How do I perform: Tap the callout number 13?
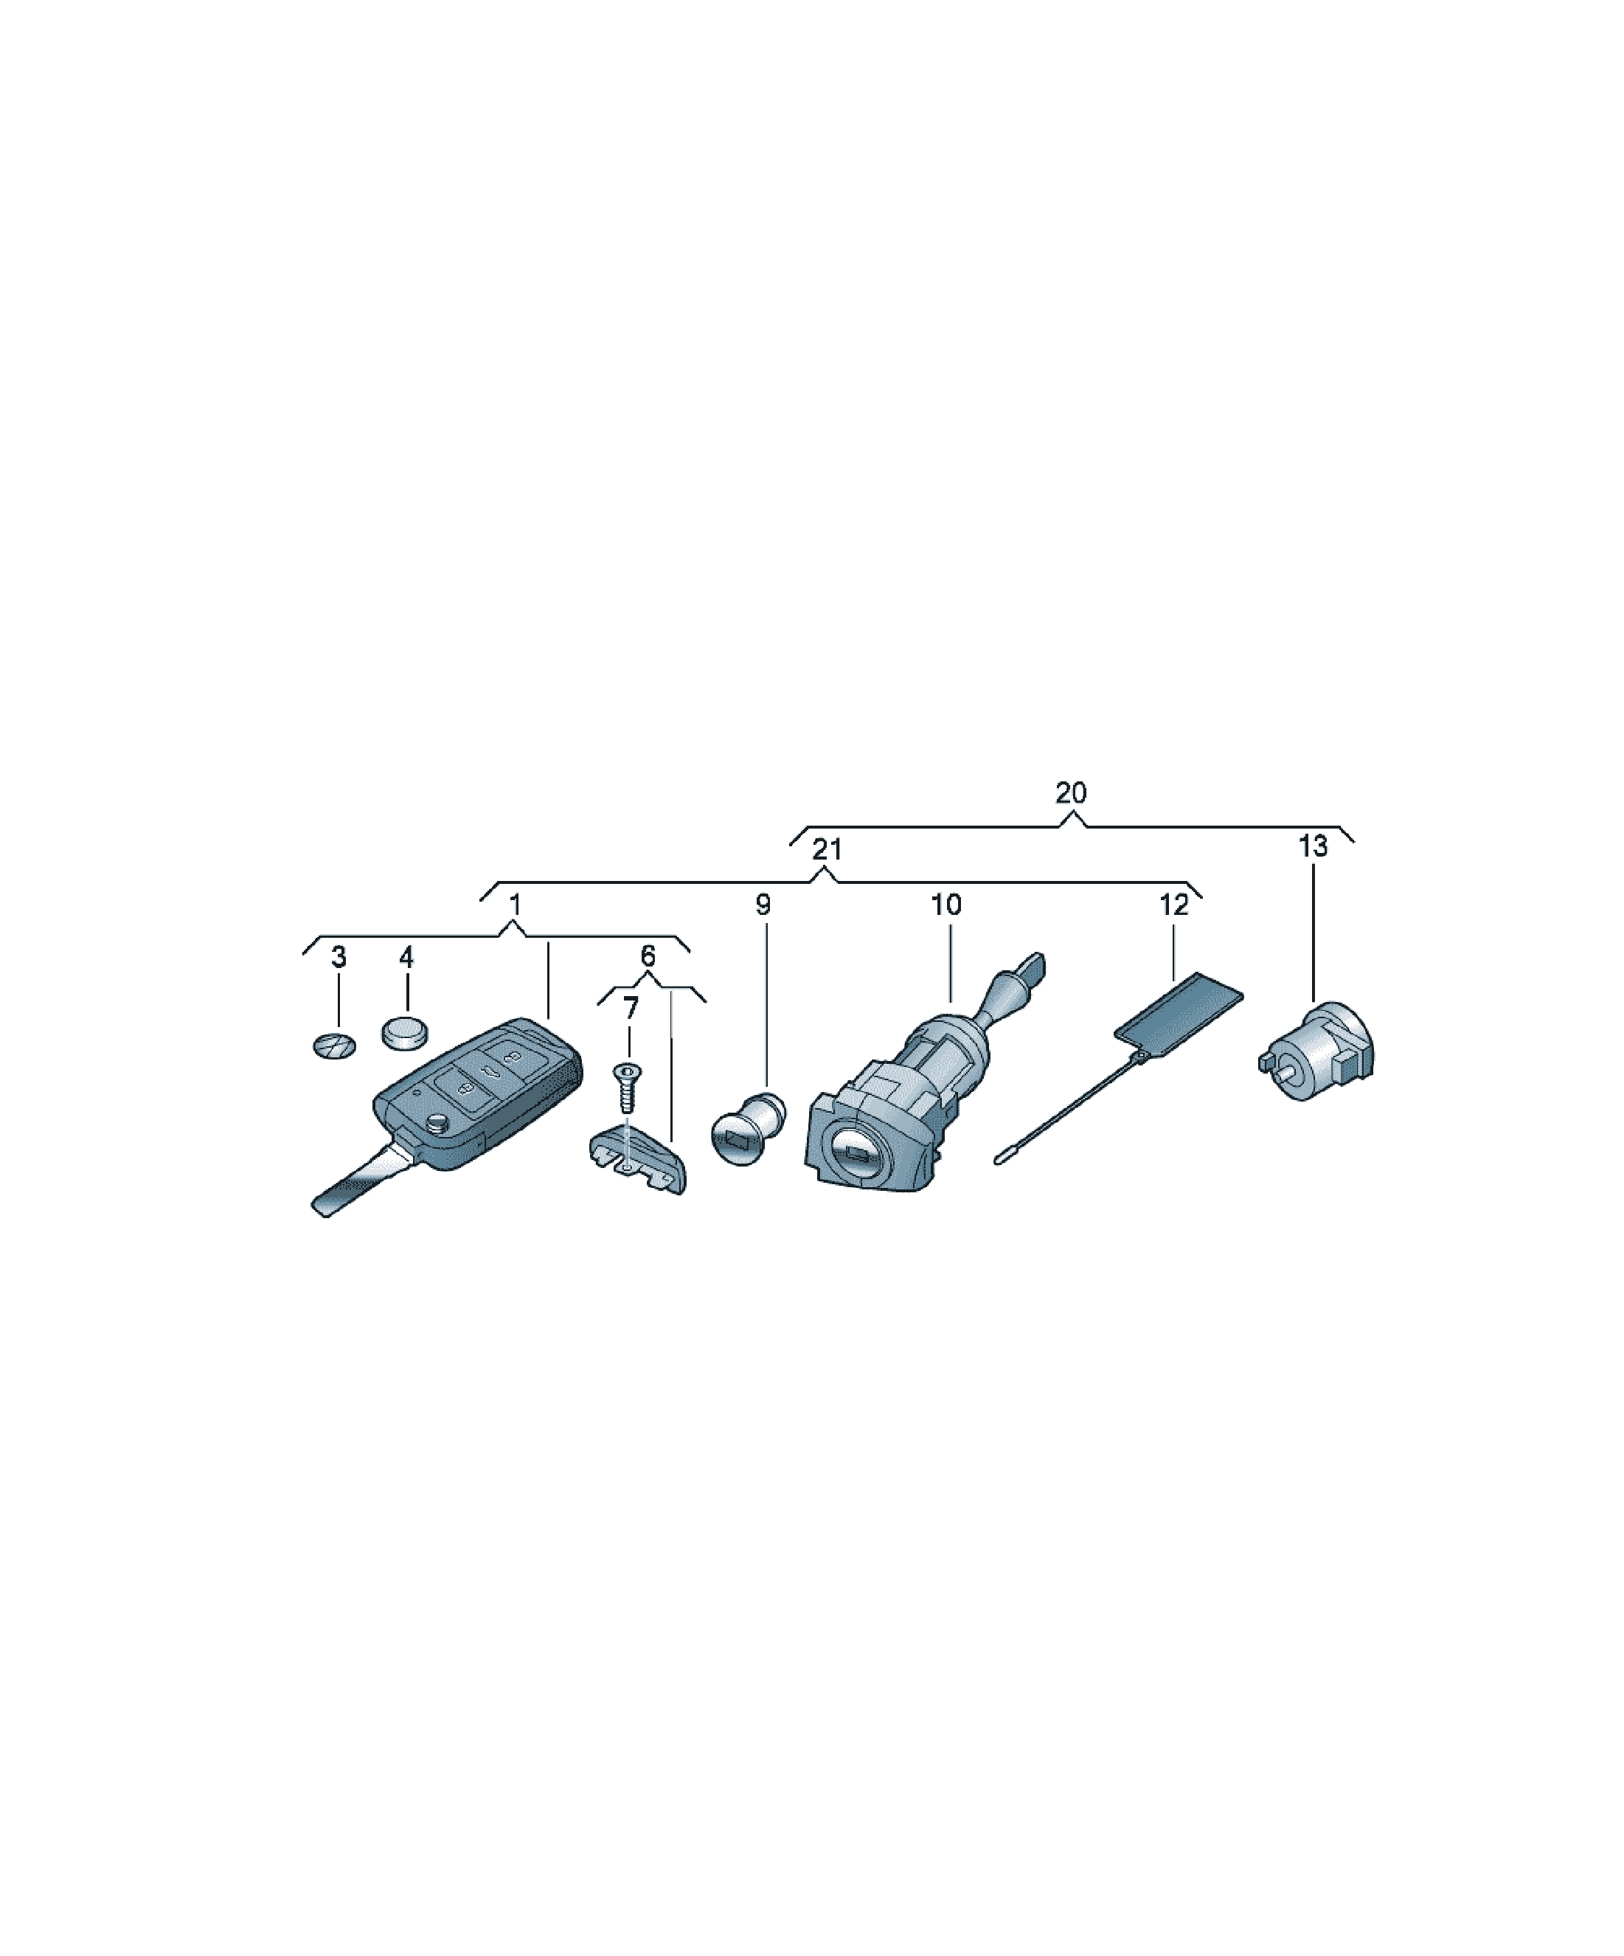pos(1313,847)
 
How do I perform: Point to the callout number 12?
pos(1174,905)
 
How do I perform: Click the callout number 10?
pos(946,905)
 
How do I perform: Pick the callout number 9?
pos(763,905)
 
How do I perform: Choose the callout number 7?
pos(631,1008)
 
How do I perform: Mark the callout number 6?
pos(648,955)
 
